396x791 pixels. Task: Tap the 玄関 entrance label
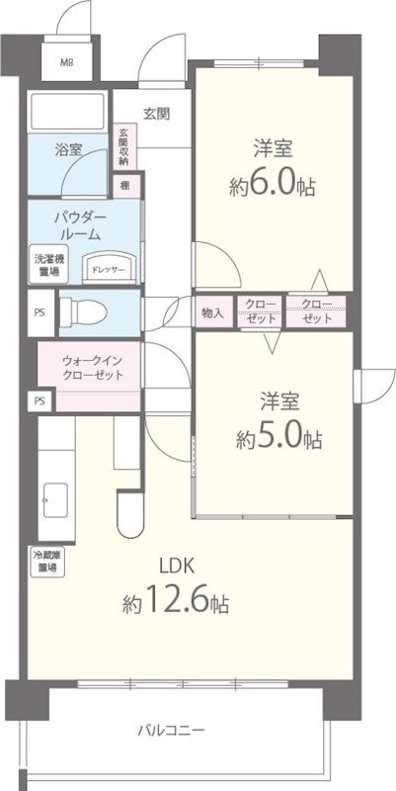tap(155, 114)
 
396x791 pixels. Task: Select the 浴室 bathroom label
tap(67, 150)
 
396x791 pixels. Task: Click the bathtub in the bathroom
tap(68, 111)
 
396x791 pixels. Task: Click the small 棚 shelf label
tap(125, 184)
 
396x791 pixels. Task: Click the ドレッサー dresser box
tap(101, 268)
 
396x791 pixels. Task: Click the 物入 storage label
tap(212, 312)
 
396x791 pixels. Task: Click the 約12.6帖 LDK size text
tap(178, 602)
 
